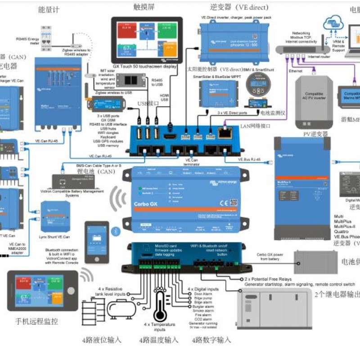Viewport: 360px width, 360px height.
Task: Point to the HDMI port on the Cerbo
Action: point(170,135)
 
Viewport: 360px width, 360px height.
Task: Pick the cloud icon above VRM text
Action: point(336,22)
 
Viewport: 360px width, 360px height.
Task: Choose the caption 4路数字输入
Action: point(211,340)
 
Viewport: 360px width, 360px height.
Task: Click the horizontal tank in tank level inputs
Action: point(120,310)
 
